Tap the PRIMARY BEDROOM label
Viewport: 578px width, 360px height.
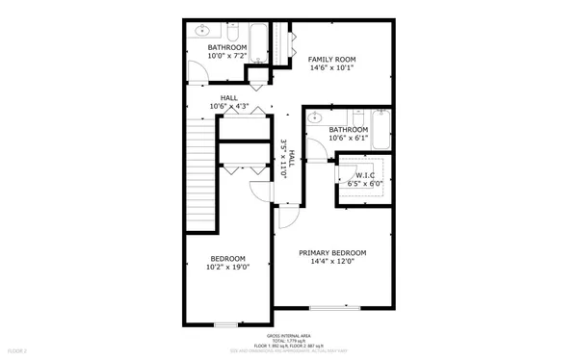point(331,252)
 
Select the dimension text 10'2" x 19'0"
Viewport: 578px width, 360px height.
point(228,269)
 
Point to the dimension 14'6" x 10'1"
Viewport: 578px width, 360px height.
point(331,68)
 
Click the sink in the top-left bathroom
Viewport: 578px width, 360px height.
point(203,31)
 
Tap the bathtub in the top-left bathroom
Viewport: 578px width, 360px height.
point(260,40)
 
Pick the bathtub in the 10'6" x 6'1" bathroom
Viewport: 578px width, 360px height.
point(380,129)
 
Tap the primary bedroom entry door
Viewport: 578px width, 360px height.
point(285,219)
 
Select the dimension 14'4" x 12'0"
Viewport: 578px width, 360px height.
point(331,263)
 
